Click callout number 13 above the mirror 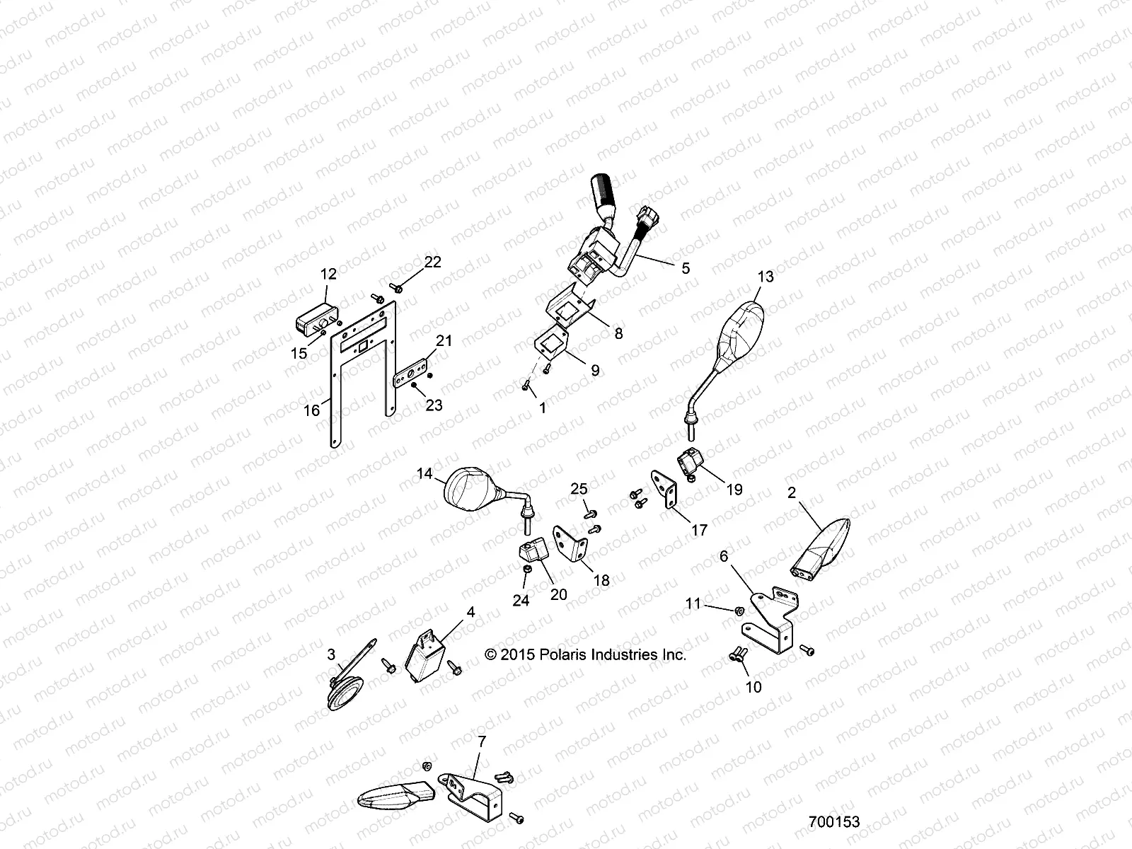(x=766, y=277)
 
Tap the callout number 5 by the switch (x=684, y=268)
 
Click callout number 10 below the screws (x=753, y=686)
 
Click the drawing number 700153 (x=834, y=822)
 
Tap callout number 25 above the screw (x=579, y=489)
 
